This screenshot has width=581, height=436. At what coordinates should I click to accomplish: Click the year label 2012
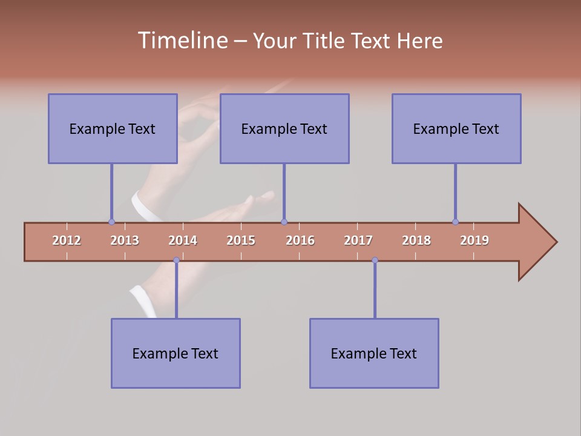point(67,240)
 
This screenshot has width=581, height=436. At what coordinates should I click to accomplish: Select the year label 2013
point(125,240)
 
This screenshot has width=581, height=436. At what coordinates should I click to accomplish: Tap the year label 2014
point(183,240)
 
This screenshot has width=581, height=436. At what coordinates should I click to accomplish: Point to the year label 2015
point(241,240)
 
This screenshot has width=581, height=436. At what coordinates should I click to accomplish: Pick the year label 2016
point(300,240)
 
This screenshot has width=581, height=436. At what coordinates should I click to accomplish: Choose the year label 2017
point(358,240)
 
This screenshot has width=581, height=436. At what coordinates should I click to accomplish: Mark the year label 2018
point(416,240)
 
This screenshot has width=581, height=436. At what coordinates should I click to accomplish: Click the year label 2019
point(474,240)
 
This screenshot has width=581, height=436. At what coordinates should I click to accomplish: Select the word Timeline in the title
point(182,41)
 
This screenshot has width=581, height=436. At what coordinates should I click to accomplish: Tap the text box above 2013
point(113,128)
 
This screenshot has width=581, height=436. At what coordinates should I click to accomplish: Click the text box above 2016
point(284,128)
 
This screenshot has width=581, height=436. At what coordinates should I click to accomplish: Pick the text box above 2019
point(456,128)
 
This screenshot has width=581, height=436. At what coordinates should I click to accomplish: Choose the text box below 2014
point(176,353)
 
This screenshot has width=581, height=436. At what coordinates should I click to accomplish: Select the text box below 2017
point(374,353)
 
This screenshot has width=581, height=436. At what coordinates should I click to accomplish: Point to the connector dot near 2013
point(111,222)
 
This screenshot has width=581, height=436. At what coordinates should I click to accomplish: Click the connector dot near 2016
point(284,222)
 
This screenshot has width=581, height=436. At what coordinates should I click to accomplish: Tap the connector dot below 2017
point(375,260)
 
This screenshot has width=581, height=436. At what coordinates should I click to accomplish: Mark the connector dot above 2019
point(455,222)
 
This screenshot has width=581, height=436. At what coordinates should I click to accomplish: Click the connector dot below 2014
point(176,260)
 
